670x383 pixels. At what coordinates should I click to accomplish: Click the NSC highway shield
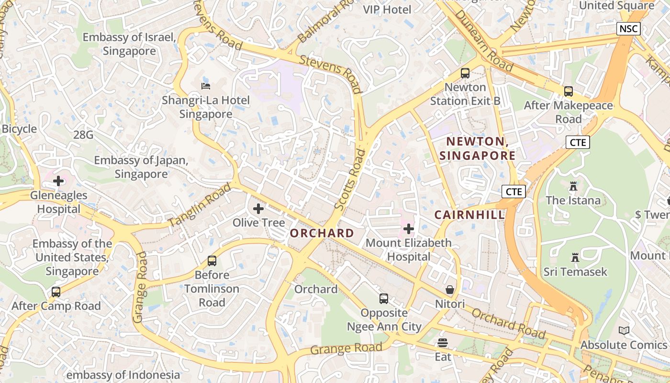pyautogui.click(x=628, y=29)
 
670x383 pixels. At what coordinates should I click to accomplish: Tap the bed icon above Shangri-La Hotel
pyautogui.click(x=206, y=86)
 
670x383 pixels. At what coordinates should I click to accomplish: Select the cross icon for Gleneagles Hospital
pyautogui.click(x=58, y=181)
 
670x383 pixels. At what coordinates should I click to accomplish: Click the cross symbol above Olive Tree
pyautogui.click(x=258, y=208)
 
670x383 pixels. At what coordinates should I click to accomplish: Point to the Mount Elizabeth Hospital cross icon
pyautogui.click(x=408, y=229)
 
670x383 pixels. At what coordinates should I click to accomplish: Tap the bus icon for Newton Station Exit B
pyautogui.click(x=465, y=73)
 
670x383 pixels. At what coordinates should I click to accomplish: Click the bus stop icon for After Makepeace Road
pyautogui.click(x=569, y=91)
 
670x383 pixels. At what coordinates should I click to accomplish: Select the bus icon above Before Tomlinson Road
pyautogui.click(x=212, y=261)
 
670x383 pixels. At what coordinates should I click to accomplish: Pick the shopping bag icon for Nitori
pyautogui.click(x=449, y=290)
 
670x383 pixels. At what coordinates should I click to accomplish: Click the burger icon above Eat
pyautogui.click(x=443, y=343)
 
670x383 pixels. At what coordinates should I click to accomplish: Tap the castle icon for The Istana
pyautogui.click(x=573, y=186)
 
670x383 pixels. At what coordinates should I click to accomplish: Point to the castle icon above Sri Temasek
pyautogui.click(x=575, y=258)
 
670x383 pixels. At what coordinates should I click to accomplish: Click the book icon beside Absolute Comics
pyautogui.click(x=624, y=330)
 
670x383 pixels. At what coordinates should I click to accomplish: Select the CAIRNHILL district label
pyautogui.click(x=469, y=215)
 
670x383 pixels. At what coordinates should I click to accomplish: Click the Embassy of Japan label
pyautogui.click(x=141, y=167)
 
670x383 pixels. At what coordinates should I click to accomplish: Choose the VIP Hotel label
pyautogui.click(x=387, y=10)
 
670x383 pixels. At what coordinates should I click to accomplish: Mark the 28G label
pyautogui.click(x=83, y=135)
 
